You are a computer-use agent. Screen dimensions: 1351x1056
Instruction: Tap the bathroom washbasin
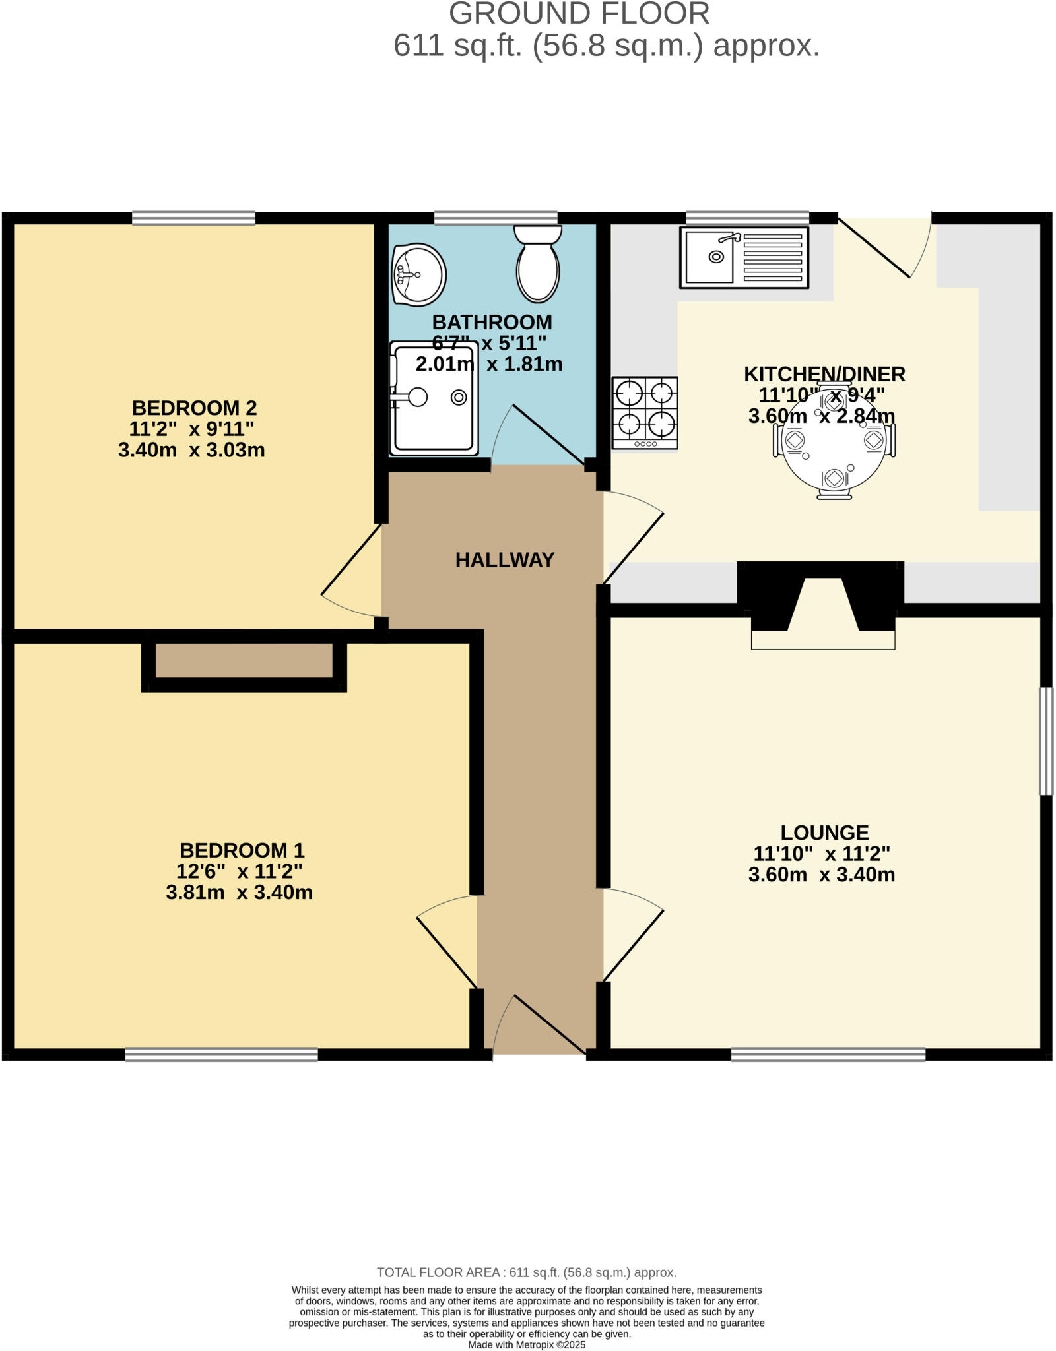[419, 274]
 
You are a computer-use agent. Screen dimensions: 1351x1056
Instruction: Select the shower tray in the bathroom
[434, 398]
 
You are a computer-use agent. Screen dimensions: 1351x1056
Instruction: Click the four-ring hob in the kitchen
[645, 412]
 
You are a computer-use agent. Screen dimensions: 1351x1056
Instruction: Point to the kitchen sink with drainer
[744, 257]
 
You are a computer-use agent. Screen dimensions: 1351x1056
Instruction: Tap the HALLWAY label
[504, 560]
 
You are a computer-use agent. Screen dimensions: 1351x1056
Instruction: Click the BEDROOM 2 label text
[194, 408]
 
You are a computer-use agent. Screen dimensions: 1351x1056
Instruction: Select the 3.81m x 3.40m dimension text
[239, 893]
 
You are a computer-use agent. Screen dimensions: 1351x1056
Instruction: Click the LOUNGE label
[824, 833]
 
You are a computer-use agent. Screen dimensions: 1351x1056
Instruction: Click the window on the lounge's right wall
[1046, 741]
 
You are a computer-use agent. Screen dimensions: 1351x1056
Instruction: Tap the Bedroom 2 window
[193, 218]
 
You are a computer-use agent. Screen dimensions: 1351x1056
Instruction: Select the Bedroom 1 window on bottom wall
[221, 1055]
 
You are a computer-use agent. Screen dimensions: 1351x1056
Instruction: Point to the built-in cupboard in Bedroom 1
[244, 660]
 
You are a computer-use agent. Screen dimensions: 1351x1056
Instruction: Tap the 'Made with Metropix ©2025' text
[527, 1344]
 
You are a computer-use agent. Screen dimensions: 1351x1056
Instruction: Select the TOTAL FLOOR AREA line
[527, 1272]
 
